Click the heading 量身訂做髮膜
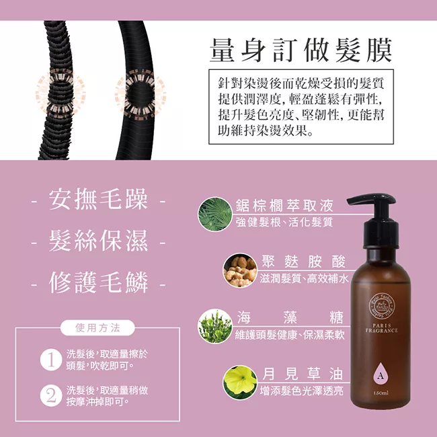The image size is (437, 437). point(301,50)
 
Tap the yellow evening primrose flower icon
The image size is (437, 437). point(240,382)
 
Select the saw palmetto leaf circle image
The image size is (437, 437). point(215,214)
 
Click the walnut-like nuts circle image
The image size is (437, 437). point(240,270)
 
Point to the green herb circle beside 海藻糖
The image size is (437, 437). point(215,326)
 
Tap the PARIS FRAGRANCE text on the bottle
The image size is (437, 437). point(381,328)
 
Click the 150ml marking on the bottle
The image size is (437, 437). point(381,393)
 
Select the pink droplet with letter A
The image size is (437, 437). point(381,372)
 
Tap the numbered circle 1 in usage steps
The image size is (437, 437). point(51,360)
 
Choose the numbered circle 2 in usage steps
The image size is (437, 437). point(51,396)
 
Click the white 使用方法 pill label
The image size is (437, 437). point(97,328)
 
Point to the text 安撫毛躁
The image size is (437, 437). point(98,199)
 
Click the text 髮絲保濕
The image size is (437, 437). point(98,241)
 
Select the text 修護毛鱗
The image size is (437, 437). point(98,282)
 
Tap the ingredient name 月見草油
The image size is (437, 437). point(303,374)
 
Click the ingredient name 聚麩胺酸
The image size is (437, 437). point(304,262)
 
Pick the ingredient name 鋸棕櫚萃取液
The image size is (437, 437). point(284,206)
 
